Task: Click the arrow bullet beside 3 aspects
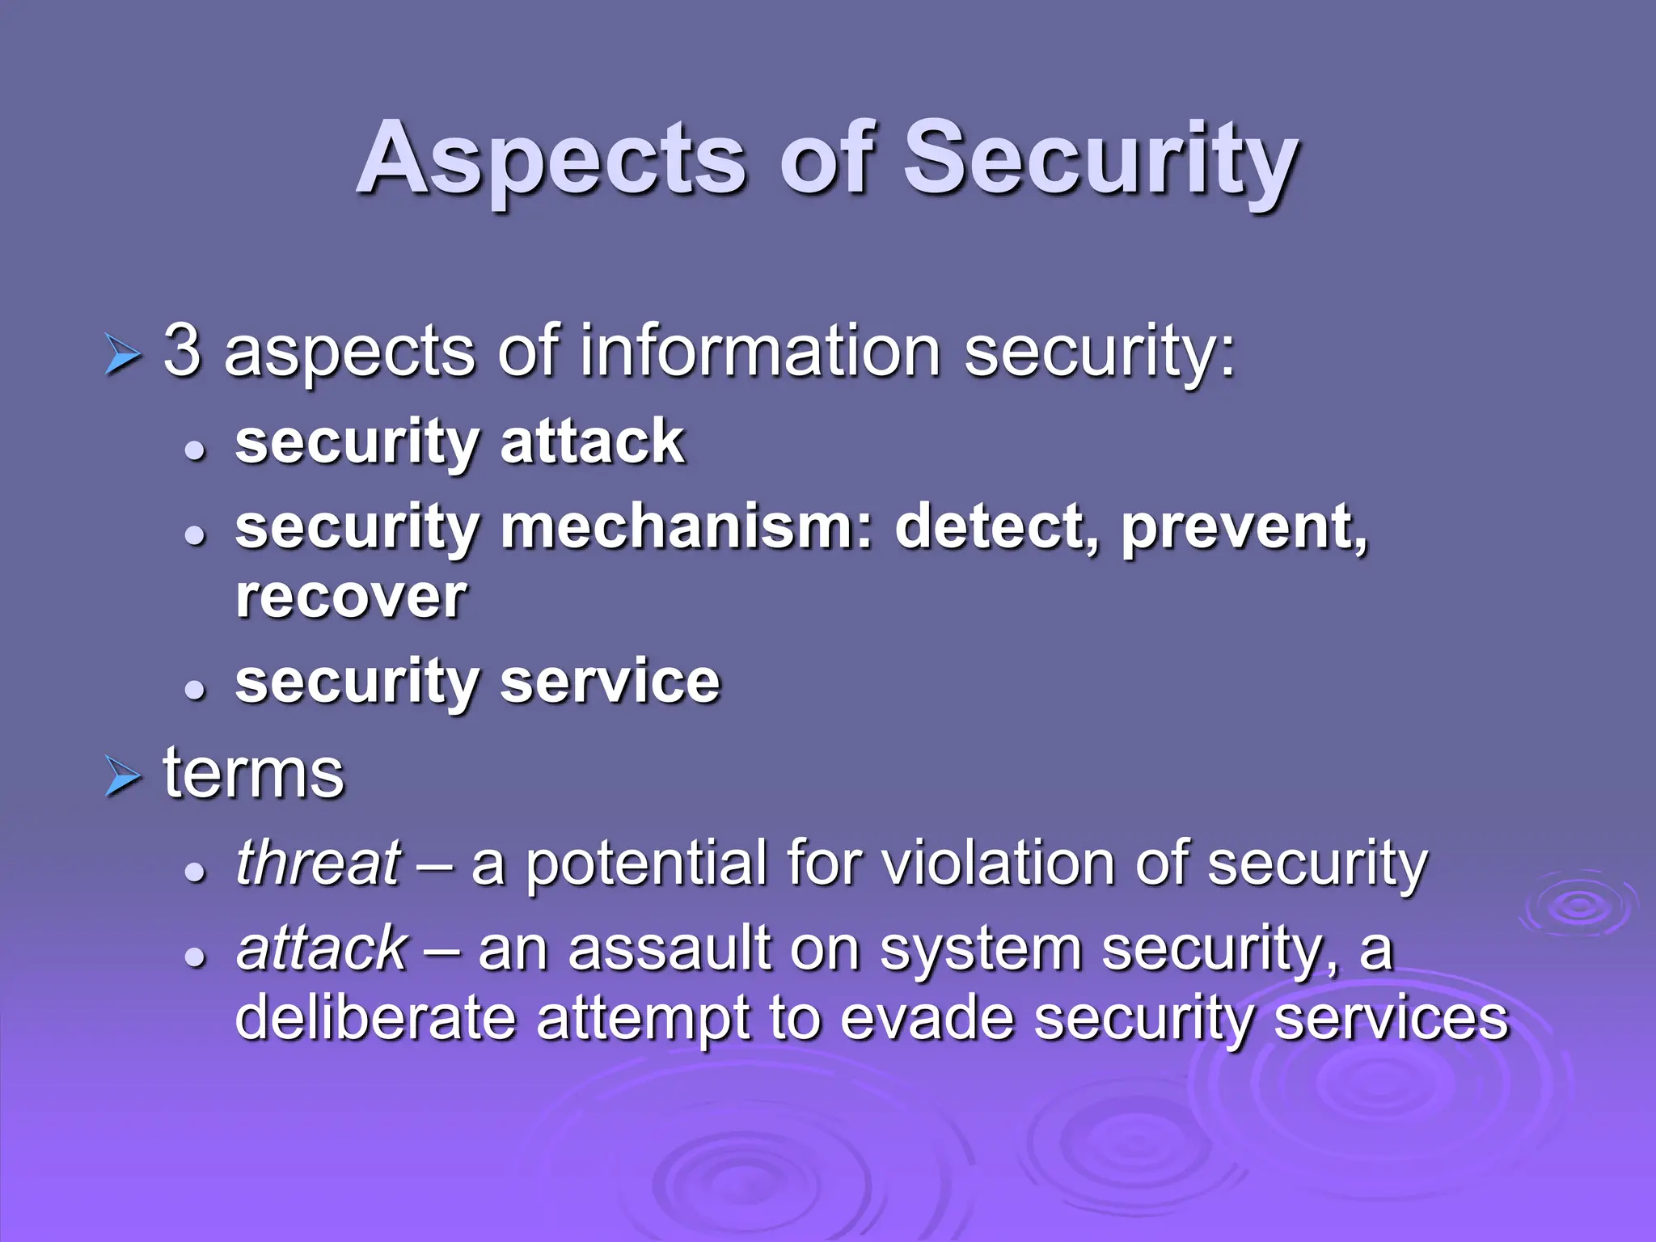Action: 123,356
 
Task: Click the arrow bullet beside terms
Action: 123,778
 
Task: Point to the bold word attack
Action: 592,442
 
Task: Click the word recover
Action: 351,598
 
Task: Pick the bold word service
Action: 610,682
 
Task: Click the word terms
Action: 254,774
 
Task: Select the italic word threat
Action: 318,863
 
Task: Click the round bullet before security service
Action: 195,689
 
